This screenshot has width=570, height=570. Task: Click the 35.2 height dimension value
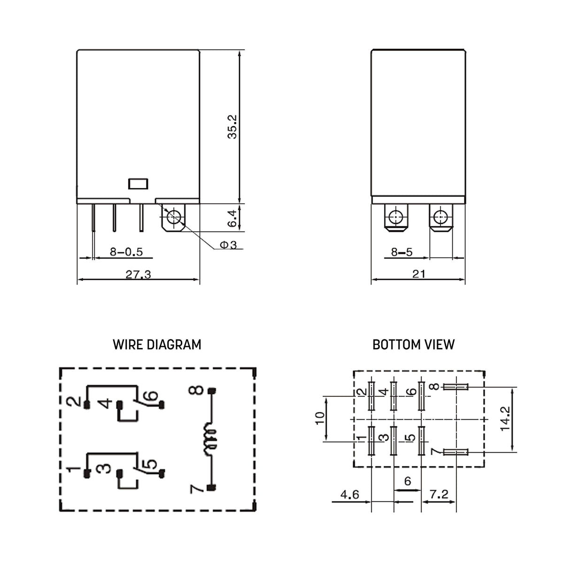pyautogui.click(x=232, y=127)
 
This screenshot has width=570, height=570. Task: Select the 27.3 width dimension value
pyautogui.click(x=138, y=274)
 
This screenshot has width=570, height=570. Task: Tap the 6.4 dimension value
pyautogui.click(x=232, y=218)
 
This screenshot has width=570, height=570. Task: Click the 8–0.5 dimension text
pyautogui.click(x=126, y=252)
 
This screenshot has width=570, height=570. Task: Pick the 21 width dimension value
pyautogui.click(x=418, y=274)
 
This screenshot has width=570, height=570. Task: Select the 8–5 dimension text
pyautogui.click(x=401, y=252)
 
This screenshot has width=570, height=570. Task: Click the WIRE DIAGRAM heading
pyautogui.click(x=157, y=345)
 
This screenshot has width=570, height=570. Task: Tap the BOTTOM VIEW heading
pyautogui.click(x=413, y=345)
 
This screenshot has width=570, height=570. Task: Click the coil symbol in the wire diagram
pyautogui.click(x=210, y=439)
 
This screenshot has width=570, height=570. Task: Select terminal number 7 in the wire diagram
pyautogui.click(x=196, y=488)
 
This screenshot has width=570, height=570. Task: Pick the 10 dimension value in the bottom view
pyautogui.click(x=320, y=418)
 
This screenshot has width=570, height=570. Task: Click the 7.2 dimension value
pyautogui.click(x=439, y=494)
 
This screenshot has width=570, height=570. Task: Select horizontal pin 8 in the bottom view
pyautogui.click(x=455, y=387)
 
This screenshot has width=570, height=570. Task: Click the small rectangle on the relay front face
pyautogui.click(x=138, y=184)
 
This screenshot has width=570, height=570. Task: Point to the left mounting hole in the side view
pyautogui.click(x=396, y=217)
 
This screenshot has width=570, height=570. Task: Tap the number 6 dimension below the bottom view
pyautogui.click(x=407, y=481)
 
